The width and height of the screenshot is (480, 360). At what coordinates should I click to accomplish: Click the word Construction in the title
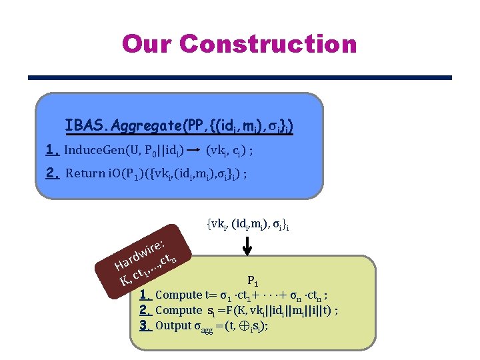pyautogui.click(x=268, y=44)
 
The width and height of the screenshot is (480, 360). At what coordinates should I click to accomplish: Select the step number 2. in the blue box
pyautogui.click(x=53, y=173)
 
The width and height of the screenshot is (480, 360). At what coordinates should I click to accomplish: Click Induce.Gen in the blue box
pyautogui.click(x=94, y=151)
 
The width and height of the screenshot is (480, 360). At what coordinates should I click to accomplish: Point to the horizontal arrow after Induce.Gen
pyautogui.click(x=194, y=151)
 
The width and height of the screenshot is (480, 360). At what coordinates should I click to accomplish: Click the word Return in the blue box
pyautogui.click(x=85, y=174)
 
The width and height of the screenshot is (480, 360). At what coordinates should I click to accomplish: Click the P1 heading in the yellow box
pyautogui.click(x=253, y=281)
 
